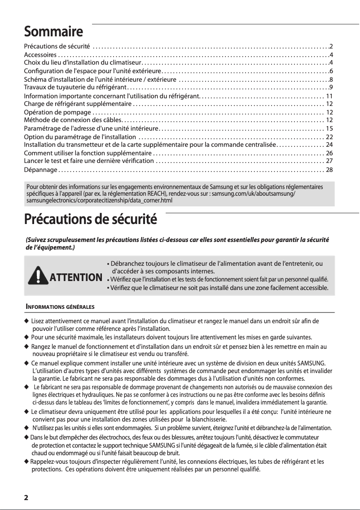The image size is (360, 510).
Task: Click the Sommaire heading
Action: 53,32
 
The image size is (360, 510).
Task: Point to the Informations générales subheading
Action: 59,307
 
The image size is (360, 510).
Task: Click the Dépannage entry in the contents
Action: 40,170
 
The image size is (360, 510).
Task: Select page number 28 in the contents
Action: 329,170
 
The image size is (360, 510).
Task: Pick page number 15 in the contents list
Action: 329,128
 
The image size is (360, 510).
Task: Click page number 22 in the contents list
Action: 329,136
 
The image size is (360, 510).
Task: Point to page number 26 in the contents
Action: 329,153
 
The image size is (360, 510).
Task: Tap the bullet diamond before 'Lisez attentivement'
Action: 26,321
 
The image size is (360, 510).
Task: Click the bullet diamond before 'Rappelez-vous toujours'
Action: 26,462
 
